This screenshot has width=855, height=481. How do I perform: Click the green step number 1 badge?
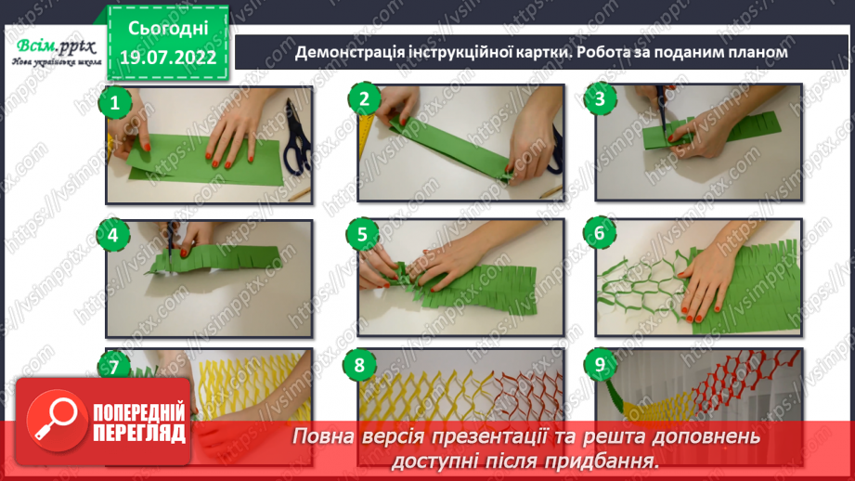(114, 102)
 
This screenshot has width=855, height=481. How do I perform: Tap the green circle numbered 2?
(364, 98)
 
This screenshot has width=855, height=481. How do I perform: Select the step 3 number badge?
(600, 98)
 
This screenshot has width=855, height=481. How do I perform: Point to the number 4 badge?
(113, 235)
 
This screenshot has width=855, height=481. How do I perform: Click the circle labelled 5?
(362, 235)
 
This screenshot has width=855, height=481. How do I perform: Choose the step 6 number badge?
(600, 233)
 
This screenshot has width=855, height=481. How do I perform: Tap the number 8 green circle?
(359, 365)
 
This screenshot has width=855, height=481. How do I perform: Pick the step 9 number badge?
(600, 364)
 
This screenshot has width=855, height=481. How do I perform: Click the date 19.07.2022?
(168, 57)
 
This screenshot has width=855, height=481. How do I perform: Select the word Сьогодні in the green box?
(168, 29)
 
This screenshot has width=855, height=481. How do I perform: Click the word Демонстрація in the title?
(349, 52)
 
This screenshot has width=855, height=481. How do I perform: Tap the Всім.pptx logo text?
(56, 47)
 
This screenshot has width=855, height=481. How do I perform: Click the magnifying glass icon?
(56, 421)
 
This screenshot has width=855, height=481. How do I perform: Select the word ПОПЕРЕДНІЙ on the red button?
(139, 413)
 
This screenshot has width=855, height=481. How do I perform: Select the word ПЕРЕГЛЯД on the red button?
(139, 434)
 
